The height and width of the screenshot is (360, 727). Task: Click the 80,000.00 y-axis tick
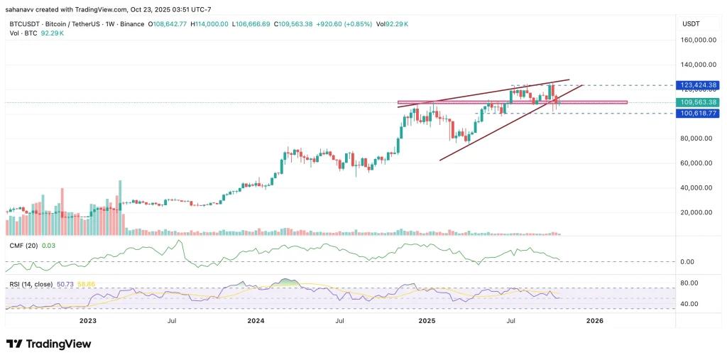[x=696, y=138]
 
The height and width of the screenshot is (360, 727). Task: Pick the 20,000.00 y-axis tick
[x=696, y=212]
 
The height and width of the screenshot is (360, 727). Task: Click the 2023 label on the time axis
[x=87, y=321]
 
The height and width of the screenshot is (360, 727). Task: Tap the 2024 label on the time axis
[x=256, y=321]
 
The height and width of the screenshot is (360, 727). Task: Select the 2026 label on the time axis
[x=595, y=321]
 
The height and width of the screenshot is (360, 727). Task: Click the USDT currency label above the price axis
[x=692, y=24]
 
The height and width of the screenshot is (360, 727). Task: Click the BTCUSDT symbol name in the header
[x=24, y=24]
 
